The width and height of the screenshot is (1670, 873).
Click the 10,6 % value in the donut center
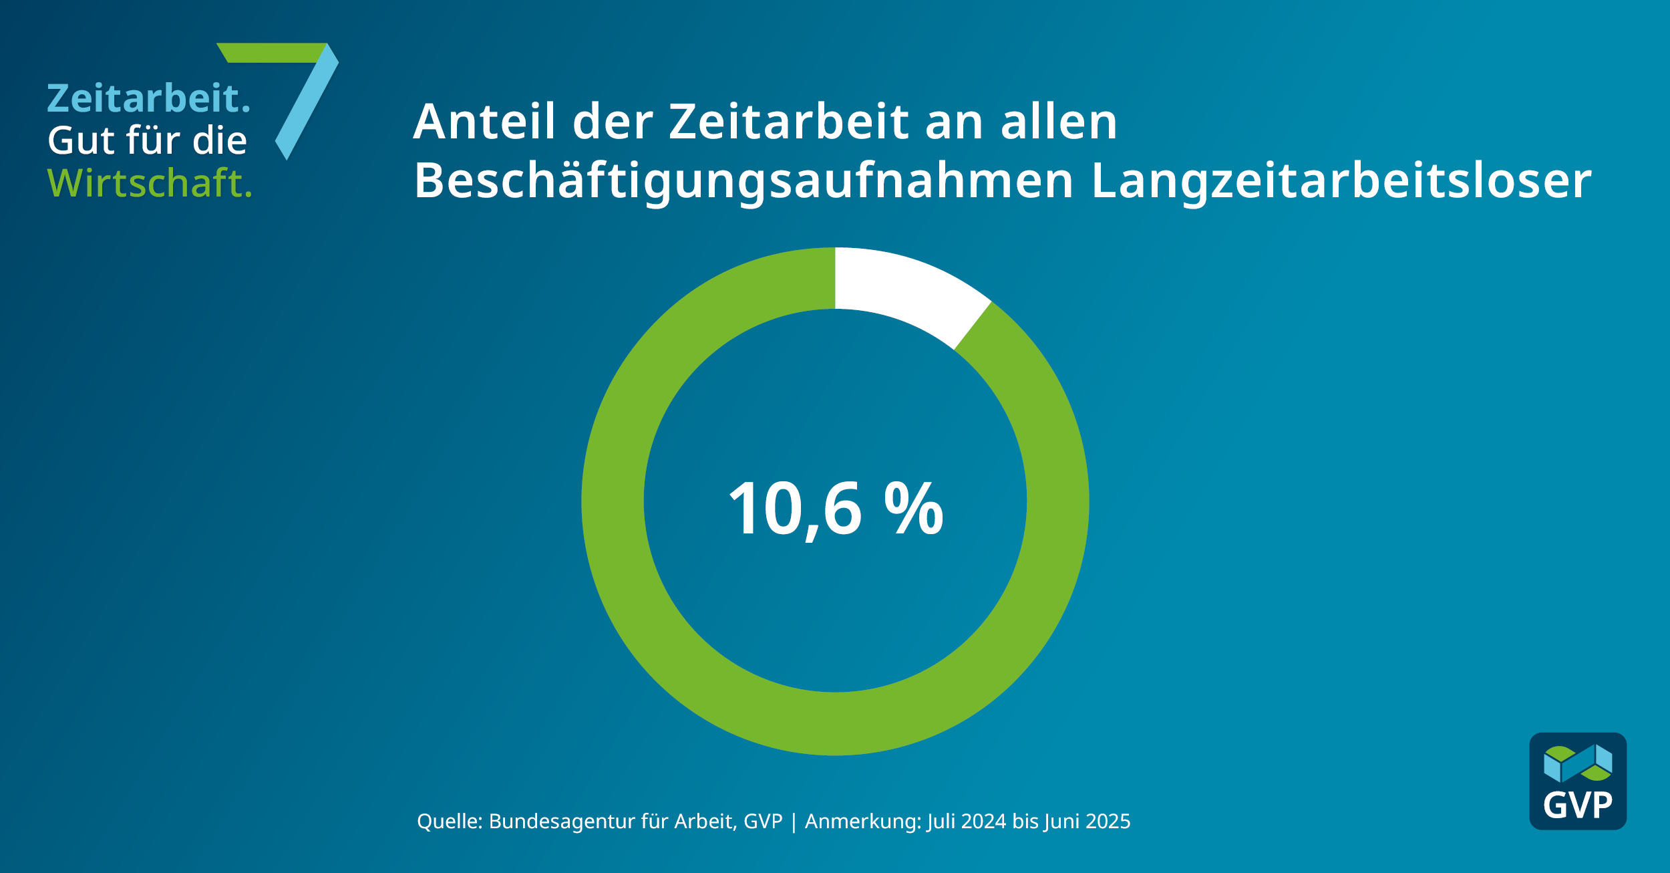point(835,509)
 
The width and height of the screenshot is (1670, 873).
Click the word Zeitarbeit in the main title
point(788,122)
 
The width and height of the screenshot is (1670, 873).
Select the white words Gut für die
point(147,140)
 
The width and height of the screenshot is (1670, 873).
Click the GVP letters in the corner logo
point(1577,805)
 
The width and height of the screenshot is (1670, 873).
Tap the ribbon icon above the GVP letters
point(1578,763)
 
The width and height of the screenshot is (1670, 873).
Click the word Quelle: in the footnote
point(450,822)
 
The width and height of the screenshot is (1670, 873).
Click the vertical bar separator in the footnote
point(794,822)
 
